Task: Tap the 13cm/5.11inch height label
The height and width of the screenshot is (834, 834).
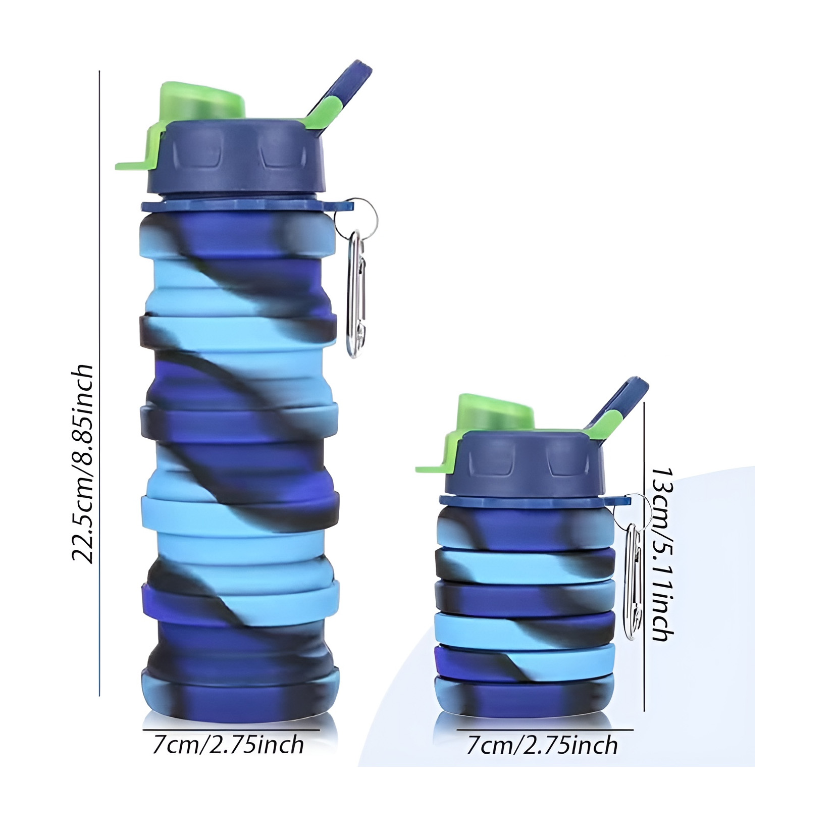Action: click(x=662, y=554)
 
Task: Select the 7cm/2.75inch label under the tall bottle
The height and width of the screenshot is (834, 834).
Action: click(x=228, y=745)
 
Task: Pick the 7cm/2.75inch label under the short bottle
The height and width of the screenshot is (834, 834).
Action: click(x=542, y=746)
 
